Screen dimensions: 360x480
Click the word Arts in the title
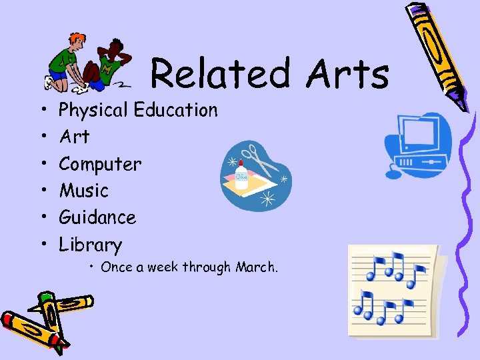(x=347, y=73)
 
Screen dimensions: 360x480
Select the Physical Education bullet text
(x=139, y=110)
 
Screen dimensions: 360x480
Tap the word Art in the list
(x=74, y=137)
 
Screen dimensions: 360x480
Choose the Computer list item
(x=100, y=164)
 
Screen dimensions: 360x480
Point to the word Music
(x=83, y=191)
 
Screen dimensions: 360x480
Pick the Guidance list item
(x=97, y=217)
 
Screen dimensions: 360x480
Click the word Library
(x=91, y=245)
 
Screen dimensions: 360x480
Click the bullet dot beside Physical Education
(x=41, y=110)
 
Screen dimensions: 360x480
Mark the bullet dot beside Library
(x=41, y=245)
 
